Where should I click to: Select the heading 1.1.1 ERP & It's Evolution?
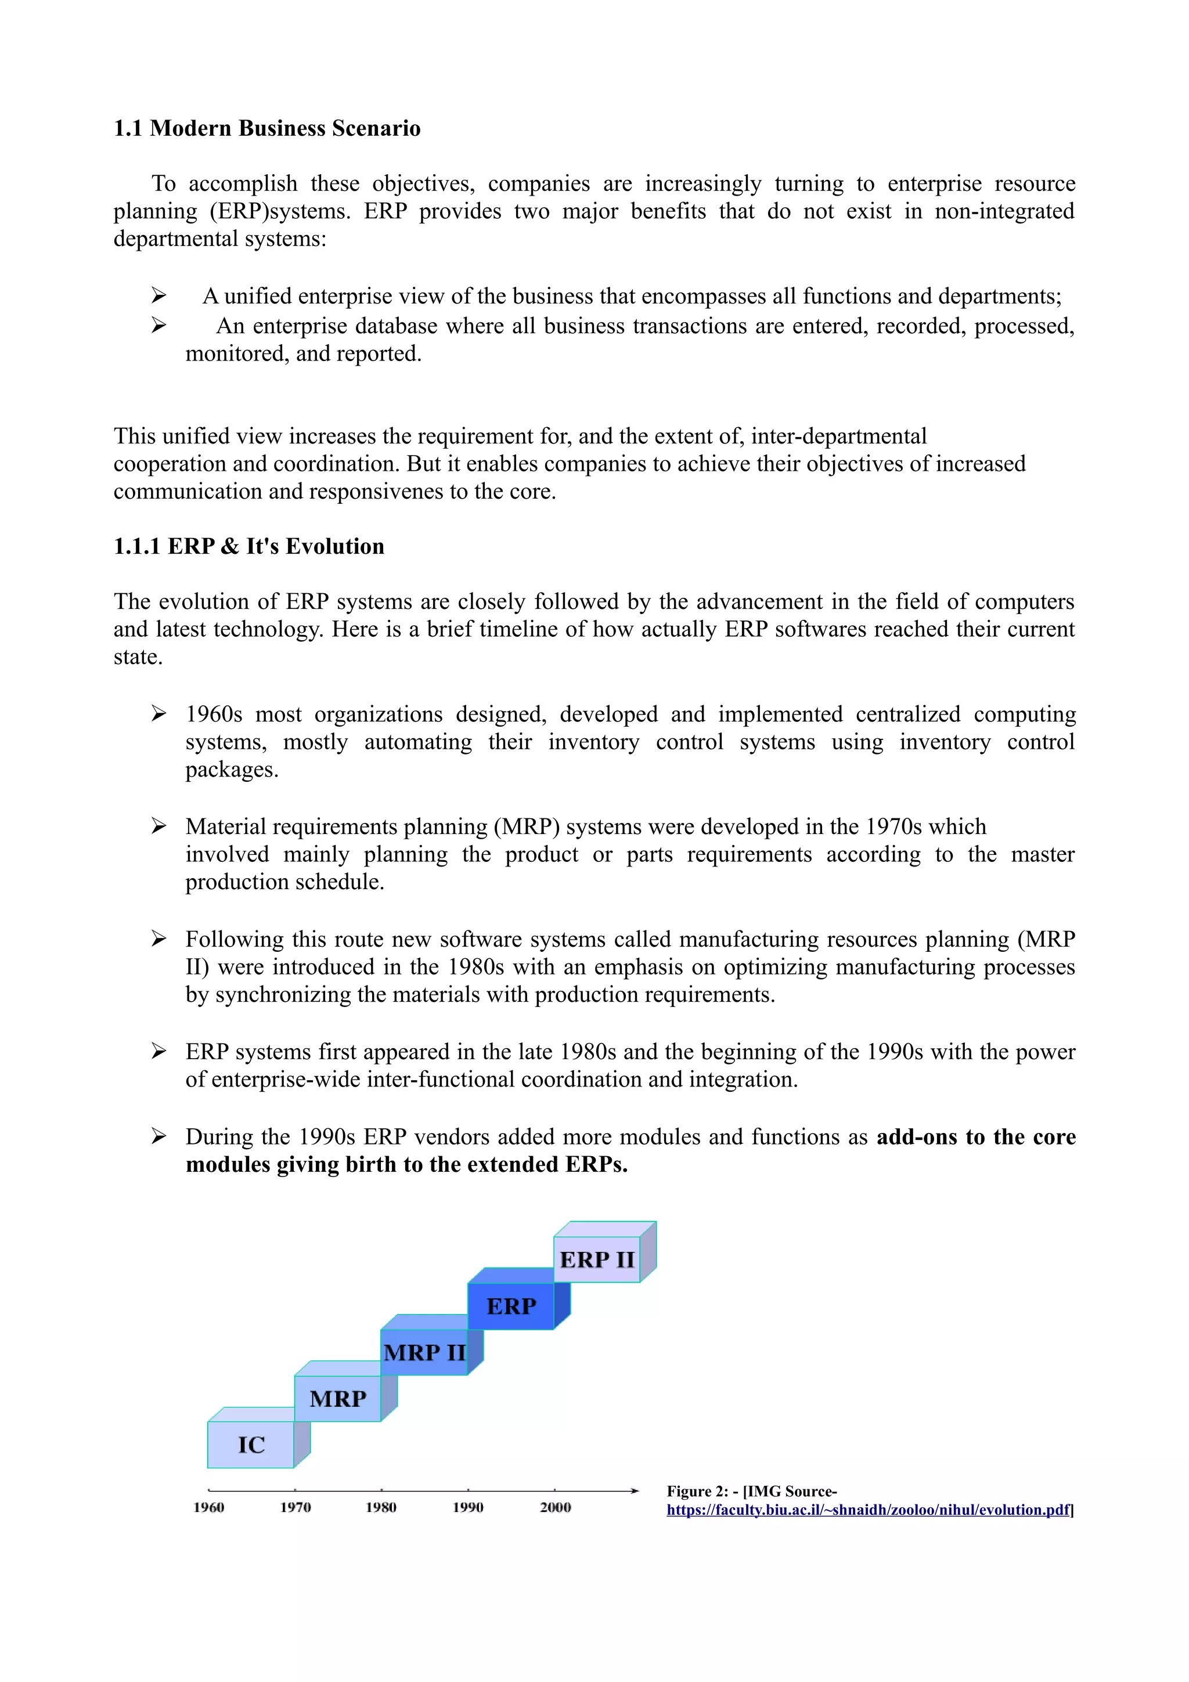pyautogui.click(x=248, y=547)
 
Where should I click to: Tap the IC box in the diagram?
pyautogui.click(x=251, y=1445)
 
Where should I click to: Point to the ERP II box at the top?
pyautogui.click(x=596, y=1260)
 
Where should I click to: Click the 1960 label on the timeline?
pyautogui.click(x=209, y=1507)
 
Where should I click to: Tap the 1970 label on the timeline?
pyautogui.click(x=296, y=1507)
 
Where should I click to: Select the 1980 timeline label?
pyautogui.click(x=381, y=1507)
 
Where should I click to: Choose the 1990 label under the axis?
pyautogui.click(x=467, y=1507)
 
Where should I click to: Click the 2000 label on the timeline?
pyautogui.click(x=555, y=1507)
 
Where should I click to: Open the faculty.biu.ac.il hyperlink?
pyautogui.click(x=868, y=1510)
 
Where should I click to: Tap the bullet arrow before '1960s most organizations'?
pyautogui.click(x=159, y=713)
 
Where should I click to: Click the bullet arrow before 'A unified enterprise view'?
pyautogui.click(x=159, y=296)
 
